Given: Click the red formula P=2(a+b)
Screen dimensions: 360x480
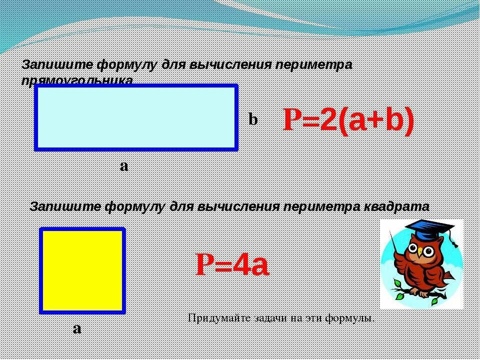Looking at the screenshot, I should point(348,120).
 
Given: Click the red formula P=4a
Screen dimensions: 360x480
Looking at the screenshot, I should point(232,264).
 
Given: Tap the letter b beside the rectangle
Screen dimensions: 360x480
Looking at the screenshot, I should point(253,119).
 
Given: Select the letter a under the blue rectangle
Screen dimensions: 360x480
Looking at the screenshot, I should point(123,165).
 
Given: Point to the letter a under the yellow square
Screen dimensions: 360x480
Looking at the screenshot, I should point(76,328).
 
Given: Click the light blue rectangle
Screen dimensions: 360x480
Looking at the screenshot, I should point(135,117).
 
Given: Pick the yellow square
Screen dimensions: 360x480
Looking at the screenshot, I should point(82,270).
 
